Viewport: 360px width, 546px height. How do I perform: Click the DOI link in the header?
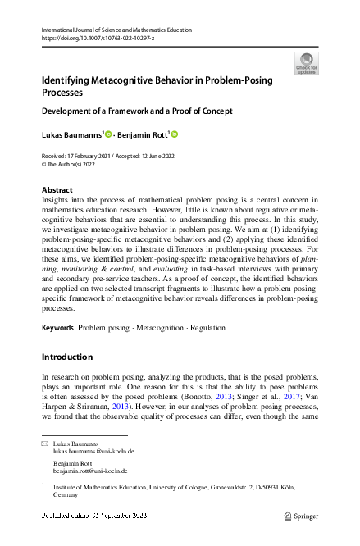click(91, 38)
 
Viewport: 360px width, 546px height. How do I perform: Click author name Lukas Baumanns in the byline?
click(71, 134)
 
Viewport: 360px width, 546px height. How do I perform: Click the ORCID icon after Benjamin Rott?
click(174, 134)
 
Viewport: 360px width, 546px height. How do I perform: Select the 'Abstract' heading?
click(57, 190)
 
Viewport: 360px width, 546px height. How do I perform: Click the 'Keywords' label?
click(57, 327)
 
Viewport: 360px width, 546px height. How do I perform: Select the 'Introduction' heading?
click(67, 357)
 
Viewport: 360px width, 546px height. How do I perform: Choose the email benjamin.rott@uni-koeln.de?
click(90, 471)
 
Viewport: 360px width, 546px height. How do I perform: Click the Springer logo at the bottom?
click(302, 516)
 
